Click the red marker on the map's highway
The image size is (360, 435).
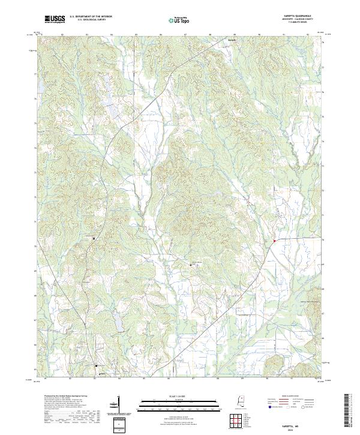pyautogui.click(x=274, y=241)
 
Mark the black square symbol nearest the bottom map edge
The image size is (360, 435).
pyautogui.click(x=96, y=365)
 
